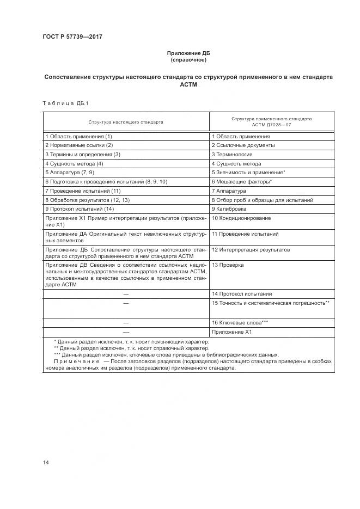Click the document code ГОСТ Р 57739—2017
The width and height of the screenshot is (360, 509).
72,37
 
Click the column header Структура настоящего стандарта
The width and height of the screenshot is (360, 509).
126,122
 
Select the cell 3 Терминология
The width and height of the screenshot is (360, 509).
232,155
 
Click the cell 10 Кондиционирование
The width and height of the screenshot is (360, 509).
241,218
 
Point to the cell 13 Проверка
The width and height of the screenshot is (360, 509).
228,265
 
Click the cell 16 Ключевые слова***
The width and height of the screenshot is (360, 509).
240,322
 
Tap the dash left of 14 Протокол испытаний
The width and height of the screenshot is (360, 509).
126,293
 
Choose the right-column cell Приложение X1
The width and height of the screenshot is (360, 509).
231,332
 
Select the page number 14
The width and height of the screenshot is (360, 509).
46,463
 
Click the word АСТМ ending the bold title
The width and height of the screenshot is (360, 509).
188,85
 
